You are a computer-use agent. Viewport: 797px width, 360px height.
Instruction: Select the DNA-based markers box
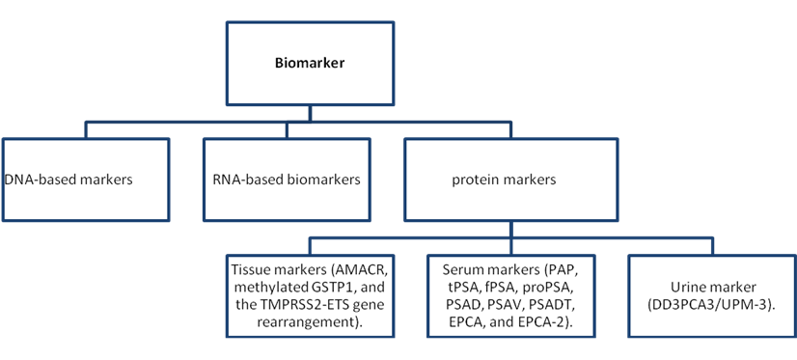[x=85, y=180]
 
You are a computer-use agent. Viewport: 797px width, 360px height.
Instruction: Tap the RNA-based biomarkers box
[x=287, y=180]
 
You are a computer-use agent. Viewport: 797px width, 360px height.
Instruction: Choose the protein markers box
[x=510, y=180]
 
